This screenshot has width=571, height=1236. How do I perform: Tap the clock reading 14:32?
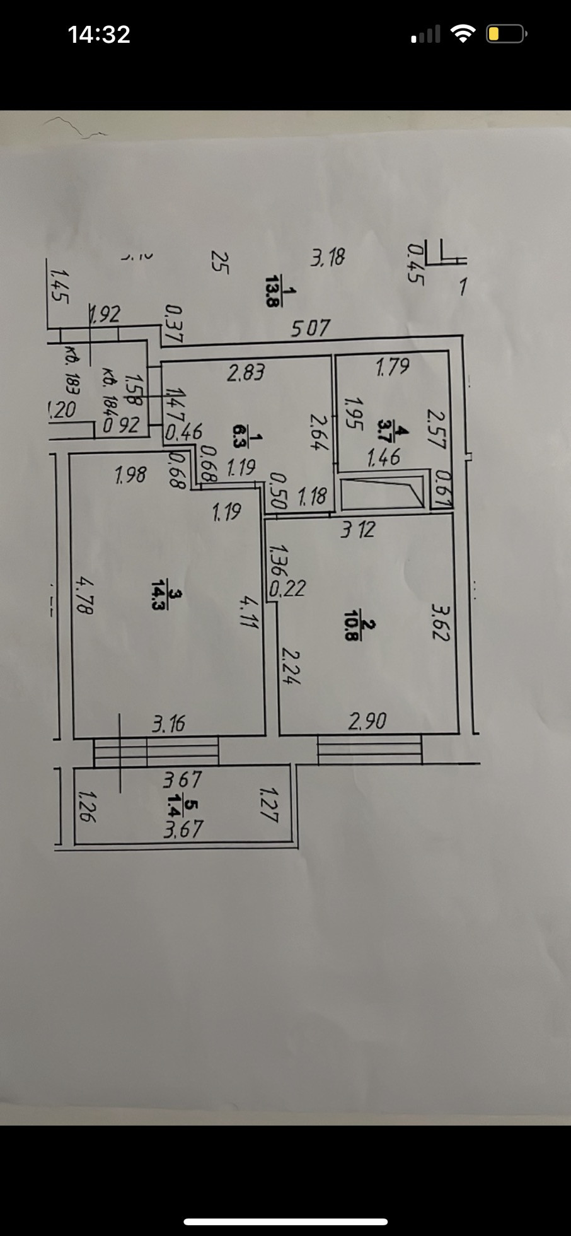click(x=99, y=34)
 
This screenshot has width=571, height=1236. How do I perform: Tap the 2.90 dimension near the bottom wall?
click(x=367, y=720)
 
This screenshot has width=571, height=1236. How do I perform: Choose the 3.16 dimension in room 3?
click(x=168, y=723)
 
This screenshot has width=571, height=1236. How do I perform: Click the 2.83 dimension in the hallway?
click(x=246, y=373)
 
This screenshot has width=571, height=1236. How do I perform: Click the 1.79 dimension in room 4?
click(x=392, y=366)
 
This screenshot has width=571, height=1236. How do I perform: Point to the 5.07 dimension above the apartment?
click(x=310, y=329)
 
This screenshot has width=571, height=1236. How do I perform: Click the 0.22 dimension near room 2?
click(x=287, y=588)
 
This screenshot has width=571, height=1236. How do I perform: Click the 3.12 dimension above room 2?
click(x=357, y=528)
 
